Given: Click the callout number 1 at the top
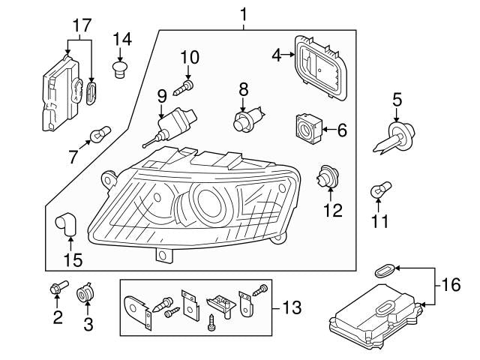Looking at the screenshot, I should click(243, 13).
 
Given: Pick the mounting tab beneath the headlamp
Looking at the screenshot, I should click(161, 256).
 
